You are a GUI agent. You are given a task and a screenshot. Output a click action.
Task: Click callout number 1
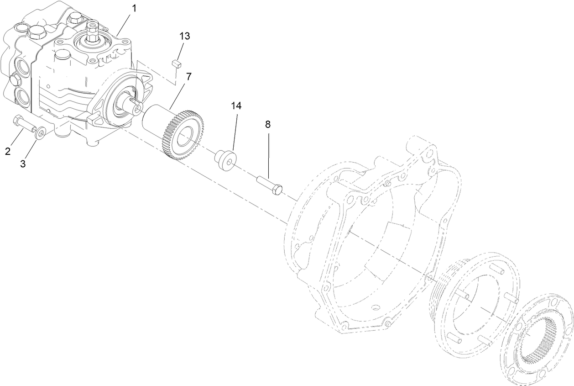pyautogui.click(x=134, y=8)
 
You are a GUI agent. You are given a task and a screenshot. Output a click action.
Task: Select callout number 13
pyautogui.click(x=185, y=36)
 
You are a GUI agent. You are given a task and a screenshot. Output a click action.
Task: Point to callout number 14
pyautogui.click(x=235, y=106)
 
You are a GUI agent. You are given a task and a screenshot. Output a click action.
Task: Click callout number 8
pyautogui.click(x=267, y=124)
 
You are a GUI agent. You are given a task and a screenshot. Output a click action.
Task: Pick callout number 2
pyautogui.click(x=8, y=151)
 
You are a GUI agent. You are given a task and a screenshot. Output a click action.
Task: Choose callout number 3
pyautogui.click(x=23, y=164)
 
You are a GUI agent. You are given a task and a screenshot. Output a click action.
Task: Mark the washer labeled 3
pyautogui.click(x=40, y=133)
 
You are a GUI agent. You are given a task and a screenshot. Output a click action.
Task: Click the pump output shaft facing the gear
pyautogui.click(x=136, y=106)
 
